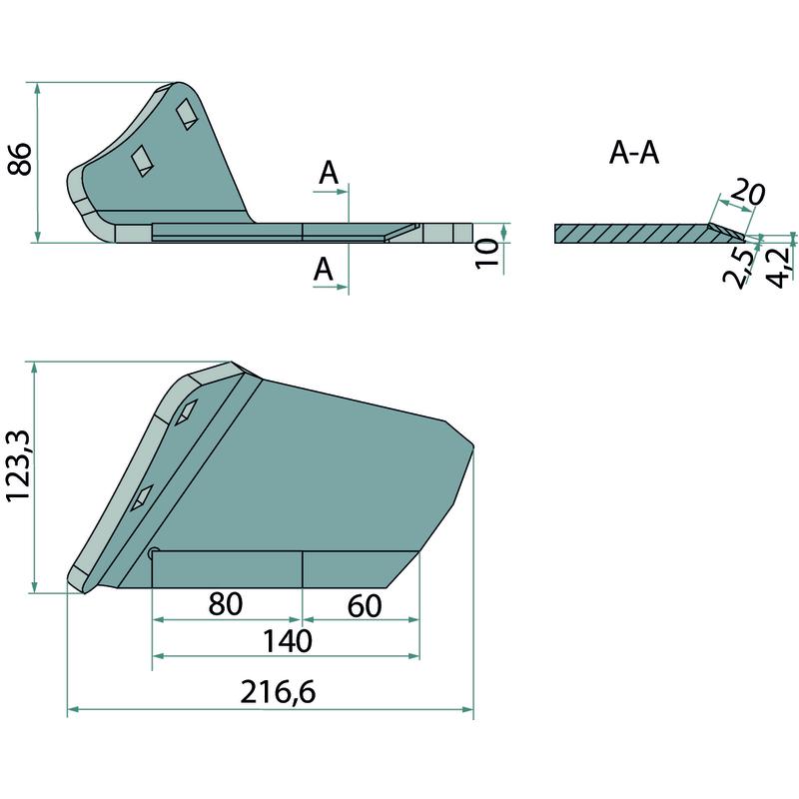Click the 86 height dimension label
[x=20, y=159]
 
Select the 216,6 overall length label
[x=278, y=692]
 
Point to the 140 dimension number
[x=287, y=641]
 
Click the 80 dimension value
[x=226, y=604]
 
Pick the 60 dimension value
[x=365, y=606]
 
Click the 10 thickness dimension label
[x=487, y=254]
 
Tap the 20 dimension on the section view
[x=747, y=193]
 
